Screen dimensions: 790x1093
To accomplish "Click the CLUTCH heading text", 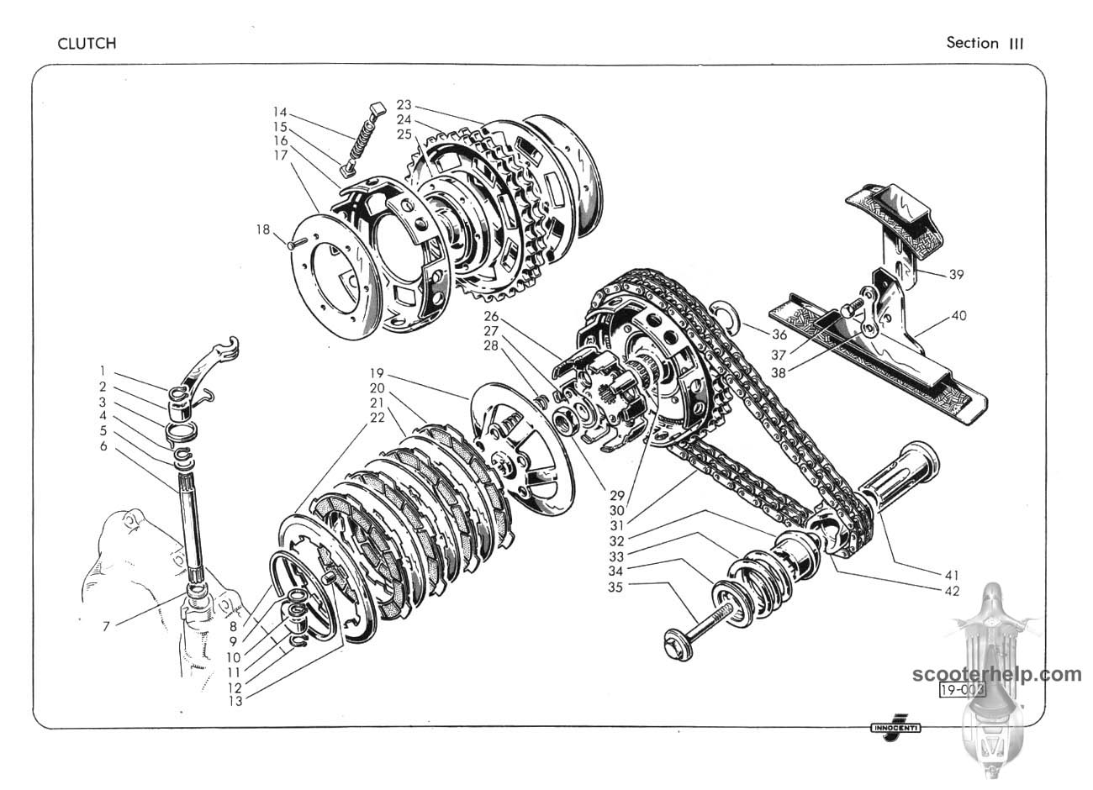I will (87, 44).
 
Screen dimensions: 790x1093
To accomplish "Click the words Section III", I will (985, 43).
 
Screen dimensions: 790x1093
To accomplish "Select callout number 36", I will (779, 334).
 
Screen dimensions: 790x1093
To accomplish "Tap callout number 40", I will (959, 316).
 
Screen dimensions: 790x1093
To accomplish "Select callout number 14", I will (281, 112).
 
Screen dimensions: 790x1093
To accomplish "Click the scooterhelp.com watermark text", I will (997, 674).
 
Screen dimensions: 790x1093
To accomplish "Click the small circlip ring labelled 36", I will (725, 313).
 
